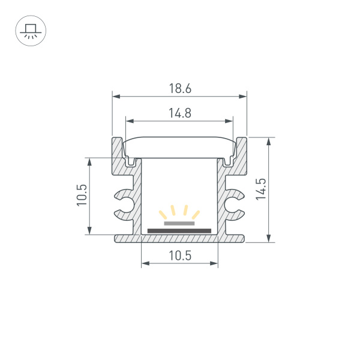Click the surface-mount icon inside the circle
tap(30, 31)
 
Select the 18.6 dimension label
tap(179, 89)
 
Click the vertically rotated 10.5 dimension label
tap(83, 196)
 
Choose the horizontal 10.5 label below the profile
tap(179, 256)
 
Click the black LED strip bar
tap(179, 230)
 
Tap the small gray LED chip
tap(179, 223)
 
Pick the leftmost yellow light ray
tap(163, 213)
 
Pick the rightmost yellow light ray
tap(196, 213)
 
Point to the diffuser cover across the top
tap(179, 147)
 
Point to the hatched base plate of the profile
tap(179, 238)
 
